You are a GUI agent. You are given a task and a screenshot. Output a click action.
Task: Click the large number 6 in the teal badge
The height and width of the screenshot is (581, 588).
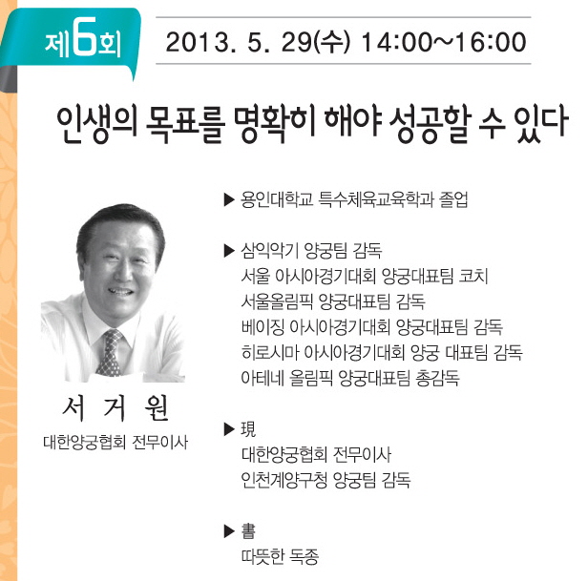point(82,37)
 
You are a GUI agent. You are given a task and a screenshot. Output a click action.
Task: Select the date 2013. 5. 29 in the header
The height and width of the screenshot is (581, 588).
point(239,42)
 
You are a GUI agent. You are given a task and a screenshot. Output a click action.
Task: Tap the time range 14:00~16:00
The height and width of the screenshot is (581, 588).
point(444,42)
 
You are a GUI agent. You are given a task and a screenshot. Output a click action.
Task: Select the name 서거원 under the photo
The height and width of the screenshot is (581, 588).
point(115,408)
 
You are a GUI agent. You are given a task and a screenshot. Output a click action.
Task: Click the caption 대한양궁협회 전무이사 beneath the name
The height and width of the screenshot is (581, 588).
point(115,443)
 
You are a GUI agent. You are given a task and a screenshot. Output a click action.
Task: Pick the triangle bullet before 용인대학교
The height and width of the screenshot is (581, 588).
point(229,199)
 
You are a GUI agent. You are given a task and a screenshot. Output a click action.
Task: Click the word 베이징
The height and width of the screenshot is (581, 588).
point(262,327)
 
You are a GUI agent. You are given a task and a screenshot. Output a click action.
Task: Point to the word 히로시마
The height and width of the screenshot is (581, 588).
point(269,352)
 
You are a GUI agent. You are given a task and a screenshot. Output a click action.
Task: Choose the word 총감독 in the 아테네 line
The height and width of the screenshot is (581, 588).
point(437,378)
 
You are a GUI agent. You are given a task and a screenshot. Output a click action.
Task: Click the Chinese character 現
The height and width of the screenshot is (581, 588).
point(248,429)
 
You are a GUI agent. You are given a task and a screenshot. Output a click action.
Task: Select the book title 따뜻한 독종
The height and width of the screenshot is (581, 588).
point(280,556)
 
